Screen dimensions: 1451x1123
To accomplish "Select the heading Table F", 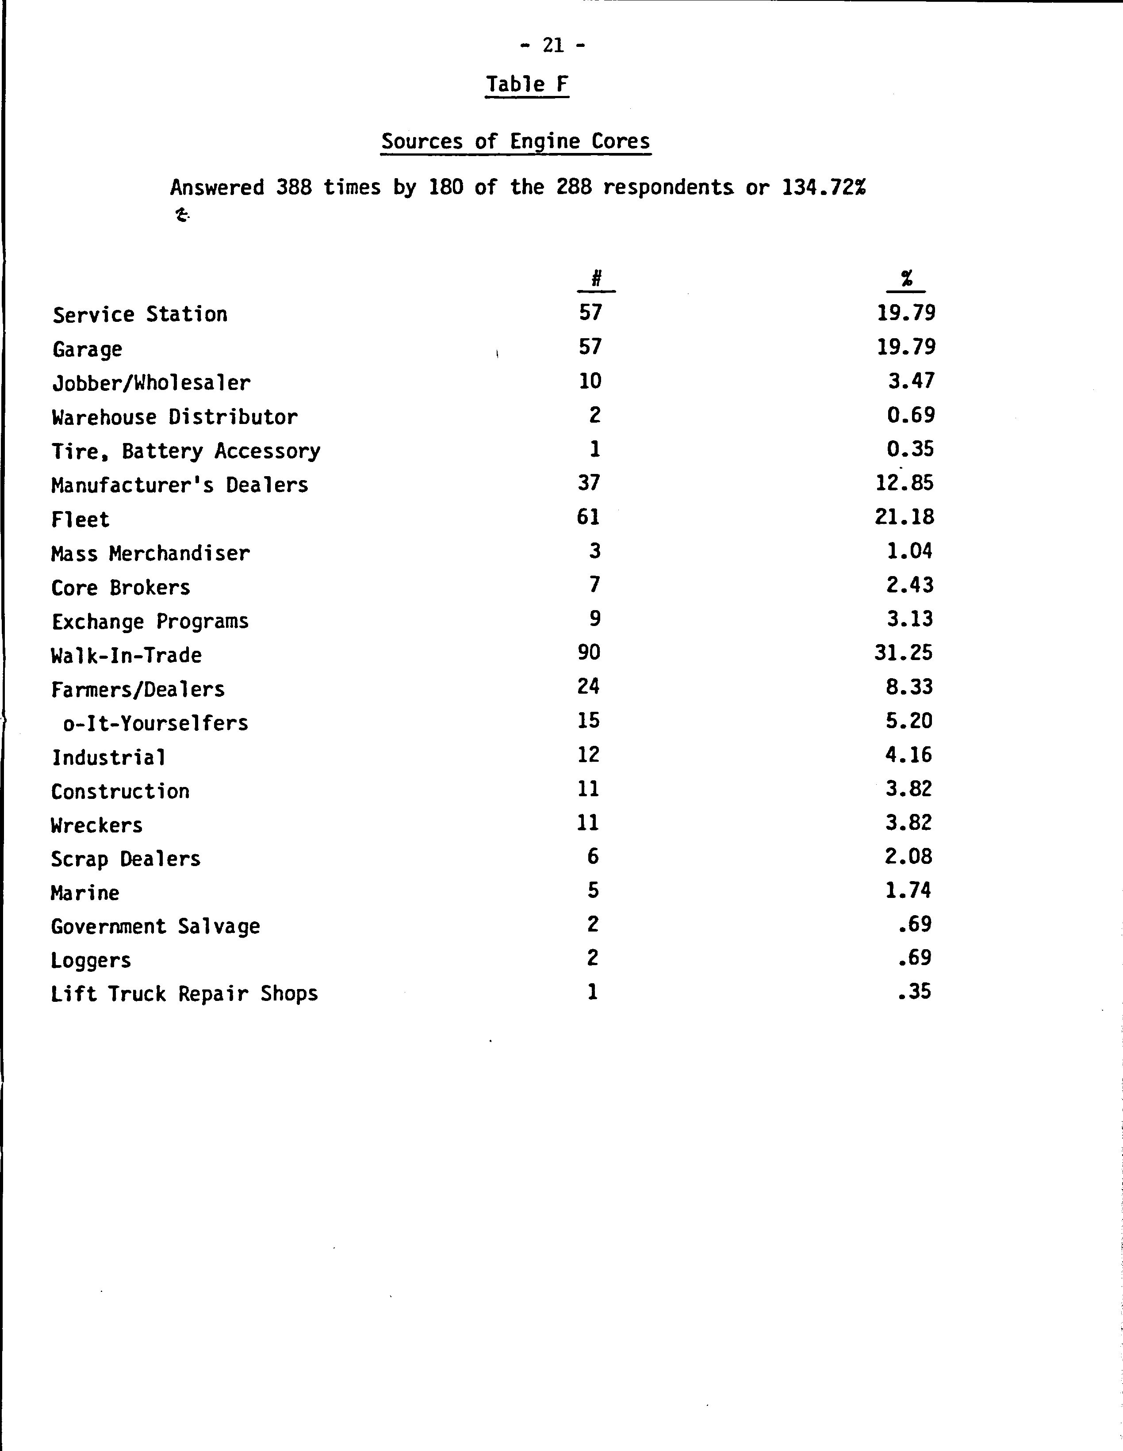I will pyautogui.click(x=527, y=84).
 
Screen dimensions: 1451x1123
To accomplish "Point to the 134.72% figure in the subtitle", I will pyautogui.click(x=824, y=188).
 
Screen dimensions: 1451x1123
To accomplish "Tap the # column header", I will pyautogui.click(x=596, y=279).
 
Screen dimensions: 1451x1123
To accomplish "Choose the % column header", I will pyautogui.click(x=906, y=279).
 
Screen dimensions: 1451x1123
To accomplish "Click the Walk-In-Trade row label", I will pyautogui.click(x=126, y=655).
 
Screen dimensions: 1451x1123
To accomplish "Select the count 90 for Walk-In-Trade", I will pyautogui.click(x=589, y=653).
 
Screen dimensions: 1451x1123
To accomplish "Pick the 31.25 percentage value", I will pyautogui.click(x=904, y=653).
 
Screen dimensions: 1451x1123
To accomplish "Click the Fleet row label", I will pyautogui.click(x=80, y=519).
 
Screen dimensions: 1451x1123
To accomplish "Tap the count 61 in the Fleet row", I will pyautogui.click(x=588, y=516).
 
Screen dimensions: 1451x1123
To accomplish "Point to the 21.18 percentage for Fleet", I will pyautogui.click(x=905, y=516).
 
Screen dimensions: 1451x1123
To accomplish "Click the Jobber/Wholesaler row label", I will pyautogui.click(x=152, y=383).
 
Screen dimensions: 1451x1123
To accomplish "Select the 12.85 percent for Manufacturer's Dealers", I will pyautogui.click(x=905, y=482).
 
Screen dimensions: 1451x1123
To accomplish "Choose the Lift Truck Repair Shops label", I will pyautogui.click(x=184, y=994).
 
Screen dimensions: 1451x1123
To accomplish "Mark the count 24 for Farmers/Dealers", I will pyautogui.click(x=588, y=686).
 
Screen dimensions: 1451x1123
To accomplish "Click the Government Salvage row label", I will pyautogui.click(x=156, y=926).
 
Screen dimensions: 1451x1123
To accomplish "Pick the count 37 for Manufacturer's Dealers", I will pyautogui.click(x=589, y=482).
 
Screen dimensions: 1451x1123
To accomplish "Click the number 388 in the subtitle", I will pyautogui.click(x=294, y=188).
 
